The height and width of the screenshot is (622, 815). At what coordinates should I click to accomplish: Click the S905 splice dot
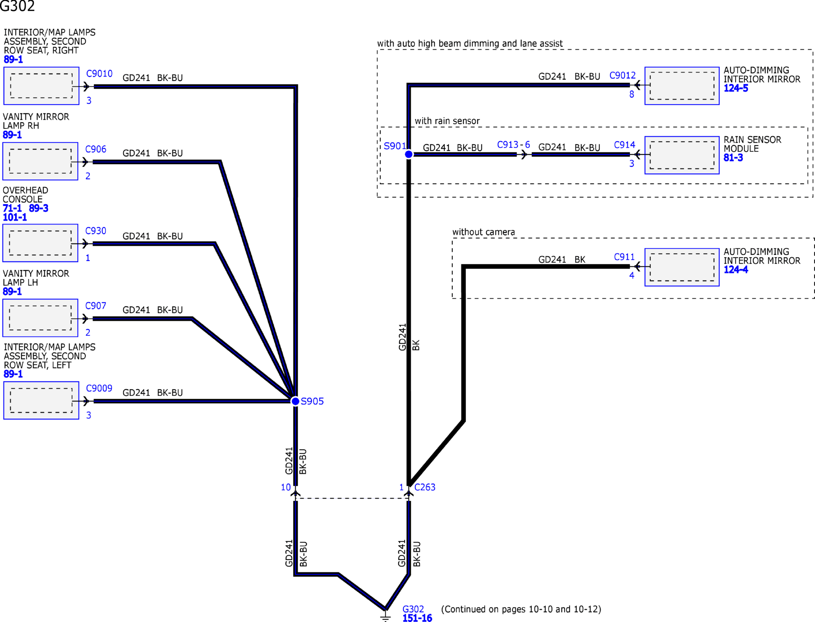point(295,401)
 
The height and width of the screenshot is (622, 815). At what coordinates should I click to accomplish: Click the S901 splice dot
point(409,154)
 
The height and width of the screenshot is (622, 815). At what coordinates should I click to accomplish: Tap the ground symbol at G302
point(385,616)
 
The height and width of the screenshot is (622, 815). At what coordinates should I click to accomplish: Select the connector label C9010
point(99,73)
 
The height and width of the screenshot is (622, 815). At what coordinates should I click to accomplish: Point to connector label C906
point(96,149)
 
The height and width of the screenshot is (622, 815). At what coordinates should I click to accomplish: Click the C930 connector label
point(96,231)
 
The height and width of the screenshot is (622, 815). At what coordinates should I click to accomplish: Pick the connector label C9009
point(99,388)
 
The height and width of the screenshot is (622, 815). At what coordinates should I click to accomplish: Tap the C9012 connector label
point(623,75)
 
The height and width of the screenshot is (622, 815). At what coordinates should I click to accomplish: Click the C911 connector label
point(624,257)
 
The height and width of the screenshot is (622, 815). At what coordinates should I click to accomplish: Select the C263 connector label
point(425,487)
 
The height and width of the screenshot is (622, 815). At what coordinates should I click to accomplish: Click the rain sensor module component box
point(682,155)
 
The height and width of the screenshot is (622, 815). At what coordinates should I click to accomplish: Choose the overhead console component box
point(40,243)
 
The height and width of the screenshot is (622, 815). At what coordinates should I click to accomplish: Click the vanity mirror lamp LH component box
point(40,318)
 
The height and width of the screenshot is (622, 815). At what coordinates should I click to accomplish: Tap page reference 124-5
point(736,88)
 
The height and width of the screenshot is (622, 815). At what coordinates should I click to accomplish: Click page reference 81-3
point(733,158)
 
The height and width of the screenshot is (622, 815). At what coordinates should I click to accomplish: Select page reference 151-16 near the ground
point(417,618)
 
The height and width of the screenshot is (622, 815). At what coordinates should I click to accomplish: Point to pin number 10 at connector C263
point(286,487)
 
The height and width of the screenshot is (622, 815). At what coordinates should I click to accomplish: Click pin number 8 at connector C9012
point(632,94)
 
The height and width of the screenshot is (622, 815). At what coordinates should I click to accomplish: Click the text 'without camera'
point(484,232)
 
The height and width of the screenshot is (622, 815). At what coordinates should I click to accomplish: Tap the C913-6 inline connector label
point(513,145)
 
